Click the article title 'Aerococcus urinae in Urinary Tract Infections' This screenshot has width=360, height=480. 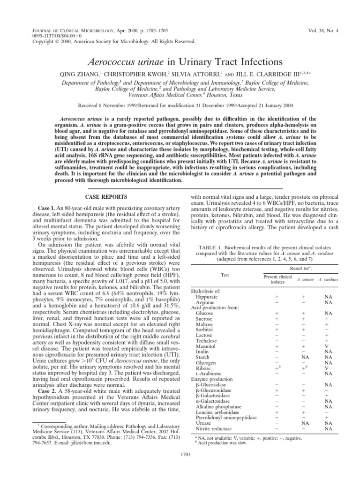click(180, 62)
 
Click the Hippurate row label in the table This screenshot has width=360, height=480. click(210, 297)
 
